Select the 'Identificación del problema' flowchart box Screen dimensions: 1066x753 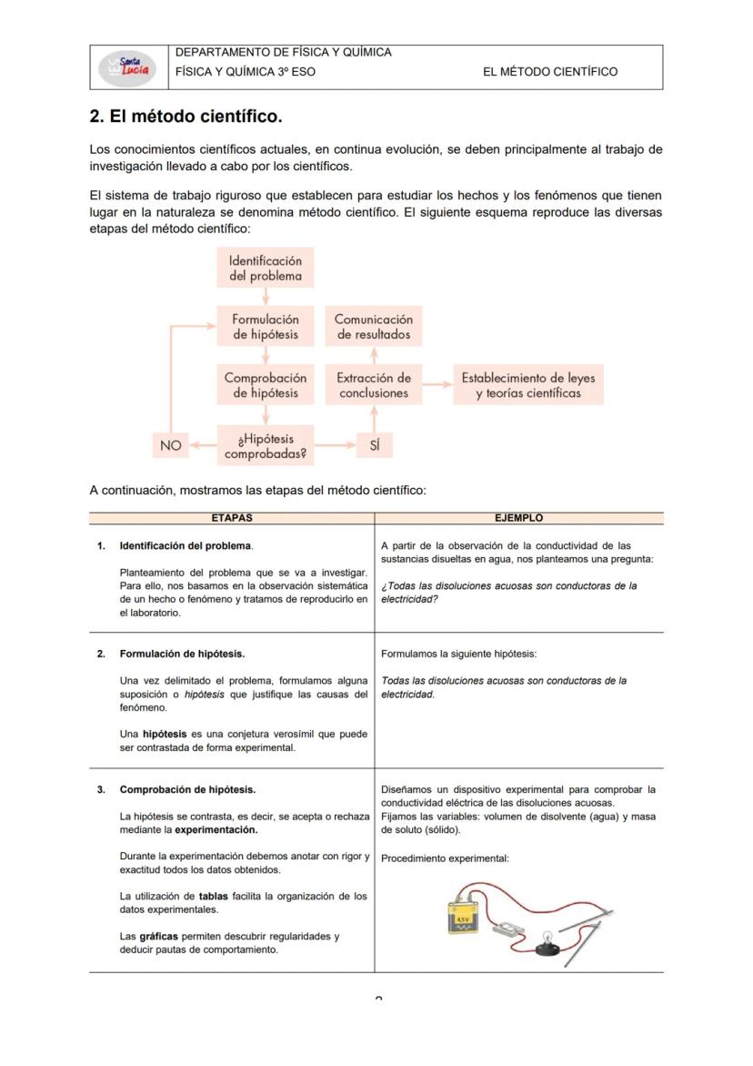[x=265, y=268]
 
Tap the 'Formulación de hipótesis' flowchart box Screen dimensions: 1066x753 [x=265, y=327]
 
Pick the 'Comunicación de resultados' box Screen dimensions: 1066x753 [x=373, y=327]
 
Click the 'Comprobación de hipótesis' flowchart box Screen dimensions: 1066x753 [x=265, y=385]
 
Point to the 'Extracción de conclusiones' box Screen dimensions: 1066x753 [x=373, y=385]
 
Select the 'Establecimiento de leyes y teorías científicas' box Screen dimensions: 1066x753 [x=527, y=385]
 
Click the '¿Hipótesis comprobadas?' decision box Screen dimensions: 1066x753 [x=265, y=445]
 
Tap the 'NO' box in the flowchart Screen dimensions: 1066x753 [x=170, y=445]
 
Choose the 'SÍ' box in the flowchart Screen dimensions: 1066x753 [x=374, y=445]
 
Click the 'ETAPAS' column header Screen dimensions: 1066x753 [x=231, y=518]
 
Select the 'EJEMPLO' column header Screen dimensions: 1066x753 [x=518, y=518]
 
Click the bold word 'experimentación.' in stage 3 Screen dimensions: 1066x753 [x=216, y=830]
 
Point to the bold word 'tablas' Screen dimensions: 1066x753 [x=213, y=897]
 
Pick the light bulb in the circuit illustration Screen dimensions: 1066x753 [x=549, y=941]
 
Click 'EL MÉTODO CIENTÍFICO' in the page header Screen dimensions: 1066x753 [x=550, y=72]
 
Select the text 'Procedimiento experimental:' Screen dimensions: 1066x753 [x=445, y=858]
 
